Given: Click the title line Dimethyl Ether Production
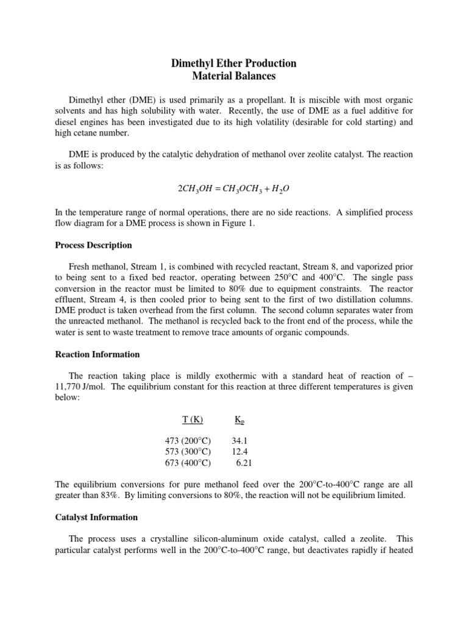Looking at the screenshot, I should pos(234,63).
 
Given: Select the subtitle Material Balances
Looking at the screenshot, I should pos(234,76).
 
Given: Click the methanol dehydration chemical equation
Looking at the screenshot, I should pos(234,188).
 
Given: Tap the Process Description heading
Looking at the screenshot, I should pos(93,245).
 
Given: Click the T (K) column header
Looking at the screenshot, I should pos(193,419).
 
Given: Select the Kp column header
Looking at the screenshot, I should pos(240,420).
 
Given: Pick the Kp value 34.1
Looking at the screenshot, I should pos(240,441).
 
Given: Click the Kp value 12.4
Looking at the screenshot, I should pos(240,452).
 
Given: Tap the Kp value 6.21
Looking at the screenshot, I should pos(244,463).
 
